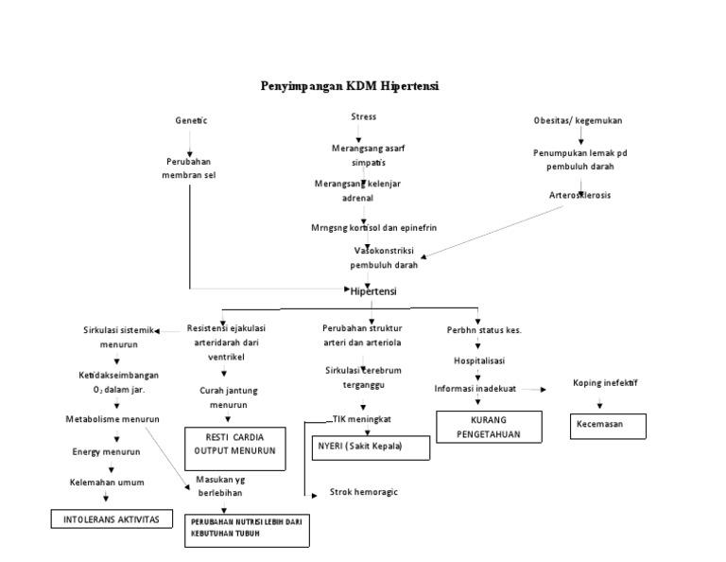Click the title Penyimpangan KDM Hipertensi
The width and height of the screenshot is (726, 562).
350,86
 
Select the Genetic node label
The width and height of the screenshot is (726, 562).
191,121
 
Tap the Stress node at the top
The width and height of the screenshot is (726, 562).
363,116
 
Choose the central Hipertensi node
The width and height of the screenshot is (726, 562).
373,291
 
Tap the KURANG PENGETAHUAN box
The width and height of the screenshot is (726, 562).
489,426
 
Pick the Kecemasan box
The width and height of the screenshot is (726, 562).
607,425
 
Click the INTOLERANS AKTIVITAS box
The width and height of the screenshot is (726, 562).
112,519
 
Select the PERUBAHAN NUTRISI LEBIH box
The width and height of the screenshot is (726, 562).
247,528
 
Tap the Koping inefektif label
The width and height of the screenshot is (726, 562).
605,383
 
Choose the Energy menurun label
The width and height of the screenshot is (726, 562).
106,451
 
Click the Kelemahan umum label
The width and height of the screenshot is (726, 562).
106,483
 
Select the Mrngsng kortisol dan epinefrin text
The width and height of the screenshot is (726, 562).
373,228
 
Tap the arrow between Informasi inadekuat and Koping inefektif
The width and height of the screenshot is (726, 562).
534,389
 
